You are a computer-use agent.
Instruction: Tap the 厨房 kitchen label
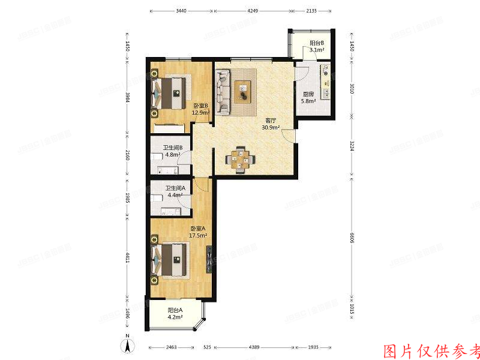(x=309, y=94)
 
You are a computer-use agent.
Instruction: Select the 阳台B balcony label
(x=317, y=43)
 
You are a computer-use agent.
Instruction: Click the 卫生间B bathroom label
(x=173, y=147)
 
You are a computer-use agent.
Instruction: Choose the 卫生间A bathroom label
(x=175, y=187)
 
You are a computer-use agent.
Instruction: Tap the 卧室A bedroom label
(x=198, y=228)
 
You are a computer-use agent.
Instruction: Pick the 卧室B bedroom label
(x=200, y=105)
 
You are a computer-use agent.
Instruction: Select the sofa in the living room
(x=223, y=92)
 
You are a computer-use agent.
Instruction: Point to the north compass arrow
(x=127, y=346)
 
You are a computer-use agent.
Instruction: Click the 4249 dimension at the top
(x=253, y=11)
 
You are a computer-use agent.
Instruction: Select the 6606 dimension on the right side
(x=352, y=237)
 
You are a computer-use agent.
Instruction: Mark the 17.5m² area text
(x=198, y=235)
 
